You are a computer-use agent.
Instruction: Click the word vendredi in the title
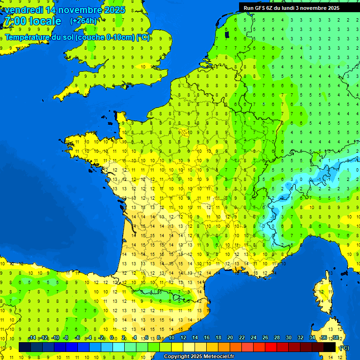(x=24, y=10)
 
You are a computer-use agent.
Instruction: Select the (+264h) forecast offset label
(x=83, y=21)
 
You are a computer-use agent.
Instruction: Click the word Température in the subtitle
(x=29, y=37)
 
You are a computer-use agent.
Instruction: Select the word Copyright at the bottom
(x=176, y=357)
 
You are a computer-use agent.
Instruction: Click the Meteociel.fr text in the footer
(x=218, y=357)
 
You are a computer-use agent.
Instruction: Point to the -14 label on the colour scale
(x=32, y=338)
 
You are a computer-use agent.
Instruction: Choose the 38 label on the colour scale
(x=336, y=338)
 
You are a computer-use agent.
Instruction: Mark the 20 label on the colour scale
(x=230, y=338)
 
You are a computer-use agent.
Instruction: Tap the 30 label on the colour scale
(x=289, y=338)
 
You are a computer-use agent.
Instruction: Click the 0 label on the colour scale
(x=112, y=338)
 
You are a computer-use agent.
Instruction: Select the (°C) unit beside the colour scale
(x=344, y=347)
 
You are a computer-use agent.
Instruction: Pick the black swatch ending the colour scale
(x=330, y=347)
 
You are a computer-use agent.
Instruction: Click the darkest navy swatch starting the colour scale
(x=25, y=347)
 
